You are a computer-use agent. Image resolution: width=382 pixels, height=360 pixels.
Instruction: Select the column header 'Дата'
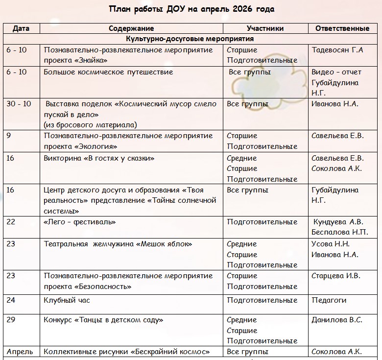[21, 28]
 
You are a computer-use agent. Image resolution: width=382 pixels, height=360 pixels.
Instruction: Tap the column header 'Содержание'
[131, 28]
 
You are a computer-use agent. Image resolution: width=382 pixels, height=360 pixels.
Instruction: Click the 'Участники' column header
[265, 28]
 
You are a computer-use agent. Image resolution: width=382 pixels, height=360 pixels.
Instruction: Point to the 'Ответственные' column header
[342, 28]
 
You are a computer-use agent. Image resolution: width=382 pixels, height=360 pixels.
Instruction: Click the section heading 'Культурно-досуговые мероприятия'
[190, 39]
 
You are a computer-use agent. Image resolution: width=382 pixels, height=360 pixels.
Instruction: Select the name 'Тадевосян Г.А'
[337, 50]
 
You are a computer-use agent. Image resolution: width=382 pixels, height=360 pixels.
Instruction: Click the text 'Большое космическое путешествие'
[109, 72]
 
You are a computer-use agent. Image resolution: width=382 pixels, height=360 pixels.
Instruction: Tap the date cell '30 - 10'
[19, 104]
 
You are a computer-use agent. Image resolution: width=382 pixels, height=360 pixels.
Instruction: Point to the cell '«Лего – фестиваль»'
[80, 222]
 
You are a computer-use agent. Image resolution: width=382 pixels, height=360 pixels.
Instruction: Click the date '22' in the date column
[11, 222]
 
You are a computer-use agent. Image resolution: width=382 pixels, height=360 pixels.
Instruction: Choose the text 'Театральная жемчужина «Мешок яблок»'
[118, 244]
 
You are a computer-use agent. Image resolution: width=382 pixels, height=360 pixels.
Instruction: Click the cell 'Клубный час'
[67, 300]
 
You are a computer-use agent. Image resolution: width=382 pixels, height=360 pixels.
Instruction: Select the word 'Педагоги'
[329, 300]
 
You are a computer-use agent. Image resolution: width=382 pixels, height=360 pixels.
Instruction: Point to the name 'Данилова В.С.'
[337, 320]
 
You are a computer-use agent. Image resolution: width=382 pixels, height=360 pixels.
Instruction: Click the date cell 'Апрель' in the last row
[20, 352]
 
